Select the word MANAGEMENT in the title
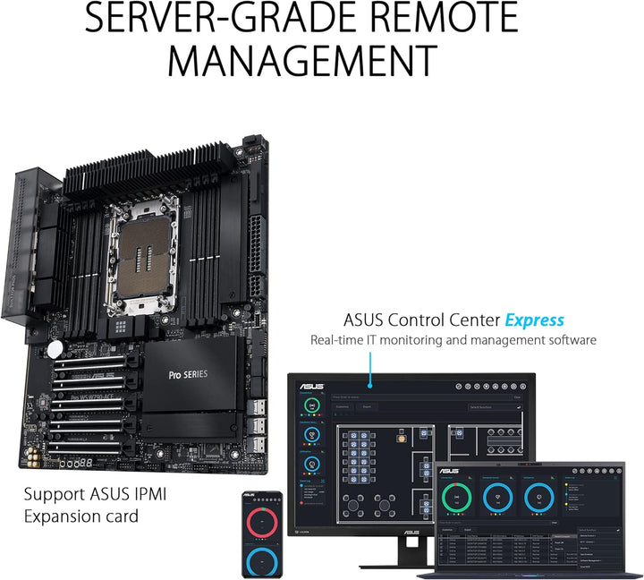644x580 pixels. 302,61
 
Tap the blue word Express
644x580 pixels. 534,320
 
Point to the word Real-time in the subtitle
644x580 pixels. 339,340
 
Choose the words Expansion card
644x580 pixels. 80,516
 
